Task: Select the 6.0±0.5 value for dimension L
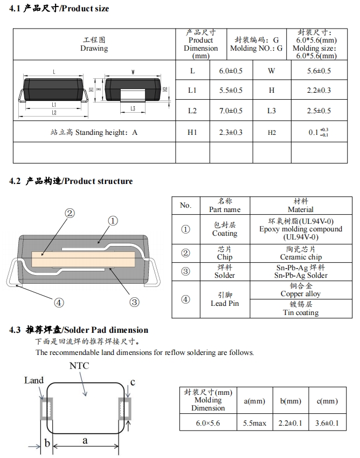pyautogui.click(x=231, y=71)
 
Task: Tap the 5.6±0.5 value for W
pyautogui.click(x=319, y=71)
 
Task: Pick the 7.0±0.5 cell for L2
pyautogui.click(x=231, y=111)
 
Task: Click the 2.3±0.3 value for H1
pyautogui.click(x=231, y=132)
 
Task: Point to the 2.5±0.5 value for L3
pyautogui.click(x=319, y=111)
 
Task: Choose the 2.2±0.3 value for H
pyautogui.click(x=319, y=91)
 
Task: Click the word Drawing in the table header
pyautogui.click(x=94, y=49)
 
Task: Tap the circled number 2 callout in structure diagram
pyautogui.click(x=70, y=213)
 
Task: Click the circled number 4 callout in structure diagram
pyautogui.click(x=59, y=303)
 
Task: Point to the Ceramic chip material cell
pyautogui.click(x=300, y=257)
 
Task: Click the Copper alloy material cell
pyautogui.click(x=300, y=294)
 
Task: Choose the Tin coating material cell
pyautogui.click(x=300, y=312)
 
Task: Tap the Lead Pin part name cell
pyautogui.click(x=224, y=303)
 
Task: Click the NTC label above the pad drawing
pyautogui.click(x=79, y=366)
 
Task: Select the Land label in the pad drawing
pyautogui.click(x=34, y=380)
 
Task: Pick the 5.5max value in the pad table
pyautogui.click(x=254, y=423)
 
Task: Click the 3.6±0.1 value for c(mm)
pyautogui.click(x=327, y=423)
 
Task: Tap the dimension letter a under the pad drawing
pyautogui.click(x=85, y=441)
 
